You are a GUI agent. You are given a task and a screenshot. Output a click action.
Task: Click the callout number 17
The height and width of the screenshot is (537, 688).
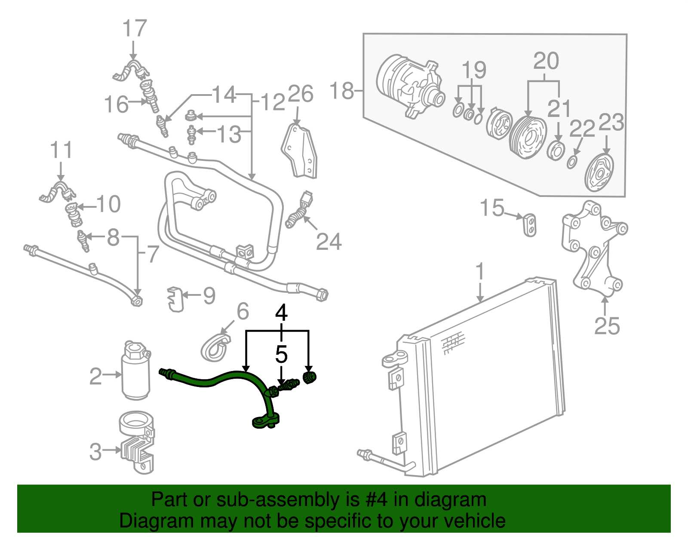[x=135, y=29]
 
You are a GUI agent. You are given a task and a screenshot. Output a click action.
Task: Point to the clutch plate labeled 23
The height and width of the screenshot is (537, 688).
[x=600, y=173]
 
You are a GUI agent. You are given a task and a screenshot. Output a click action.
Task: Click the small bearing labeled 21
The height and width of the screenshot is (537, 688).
[x=557, y=151]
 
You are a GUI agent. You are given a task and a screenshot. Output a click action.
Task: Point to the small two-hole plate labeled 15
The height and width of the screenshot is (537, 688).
[x=530, y=224]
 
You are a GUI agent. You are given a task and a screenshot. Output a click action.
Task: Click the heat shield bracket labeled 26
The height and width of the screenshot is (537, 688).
[x=301, y=150]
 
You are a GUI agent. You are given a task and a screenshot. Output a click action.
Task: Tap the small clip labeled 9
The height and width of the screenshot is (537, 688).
[x=175, y=298]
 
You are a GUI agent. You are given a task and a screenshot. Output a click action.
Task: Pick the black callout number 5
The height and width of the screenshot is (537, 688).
[x=281, y=355]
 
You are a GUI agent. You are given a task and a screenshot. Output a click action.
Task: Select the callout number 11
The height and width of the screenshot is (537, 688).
[x=61, y=150]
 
